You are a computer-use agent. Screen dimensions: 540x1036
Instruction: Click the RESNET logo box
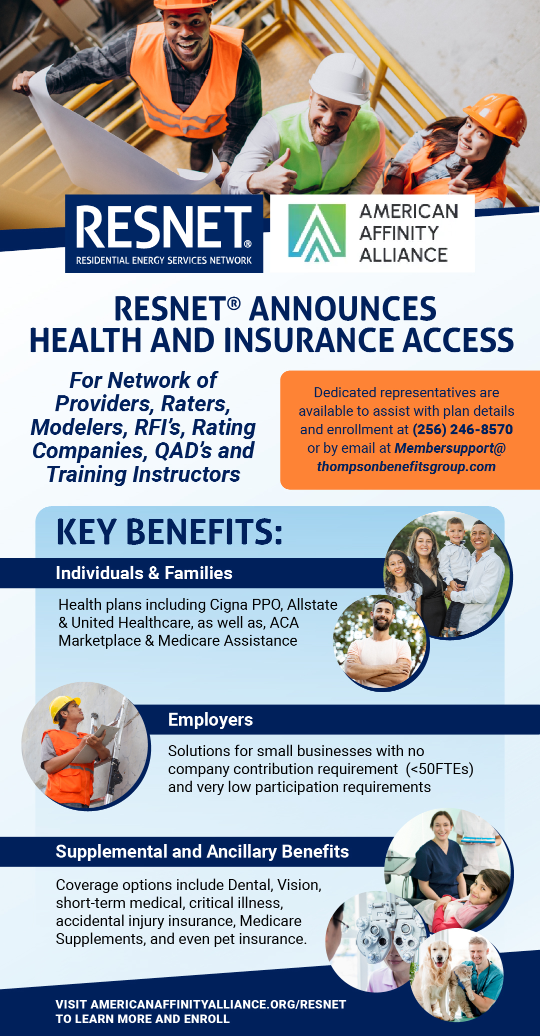164,233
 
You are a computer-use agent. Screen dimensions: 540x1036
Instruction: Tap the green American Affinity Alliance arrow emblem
317,233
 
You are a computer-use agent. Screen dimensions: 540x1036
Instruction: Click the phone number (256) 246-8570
462,429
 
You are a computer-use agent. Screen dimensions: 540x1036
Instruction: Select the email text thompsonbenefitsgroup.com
406,466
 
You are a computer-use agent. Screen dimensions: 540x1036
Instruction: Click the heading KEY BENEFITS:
169,532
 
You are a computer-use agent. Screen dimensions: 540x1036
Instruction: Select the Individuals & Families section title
144,573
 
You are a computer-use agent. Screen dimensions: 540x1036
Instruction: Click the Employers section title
210,720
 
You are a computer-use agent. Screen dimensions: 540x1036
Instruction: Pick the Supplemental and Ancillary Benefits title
202,852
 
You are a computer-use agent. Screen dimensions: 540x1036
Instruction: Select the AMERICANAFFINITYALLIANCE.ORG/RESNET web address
218,1005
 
